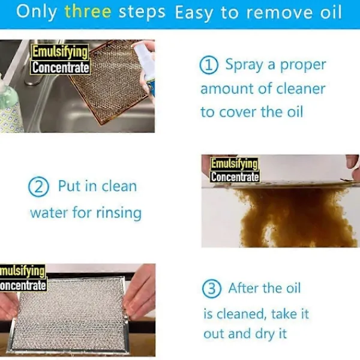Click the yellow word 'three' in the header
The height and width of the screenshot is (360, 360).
tap(88, 11)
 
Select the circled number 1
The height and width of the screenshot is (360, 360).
tap(209, 65)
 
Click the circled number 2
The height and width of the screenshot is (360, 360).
tap(38, 187)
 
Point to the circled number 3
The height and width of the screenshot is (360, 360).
tap(212, 289)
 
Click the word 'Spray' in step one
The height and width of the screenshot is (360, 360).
tap(244, 65)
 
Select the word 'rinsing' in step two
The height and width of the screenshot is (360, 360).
tap(119, 213)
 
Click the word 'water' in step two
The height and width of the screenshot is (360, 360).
tap(49, 212)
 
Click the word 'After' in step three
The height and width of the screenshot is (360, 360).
tap(244, 288)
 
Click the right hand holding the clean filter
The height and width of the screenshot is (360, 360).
tap(139, 292)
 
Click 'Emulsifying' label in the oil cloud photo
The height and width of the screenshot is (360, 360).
tap(234, 163)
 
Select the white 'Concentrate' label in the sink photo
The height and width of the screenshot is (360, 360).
tap(61, 68)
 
